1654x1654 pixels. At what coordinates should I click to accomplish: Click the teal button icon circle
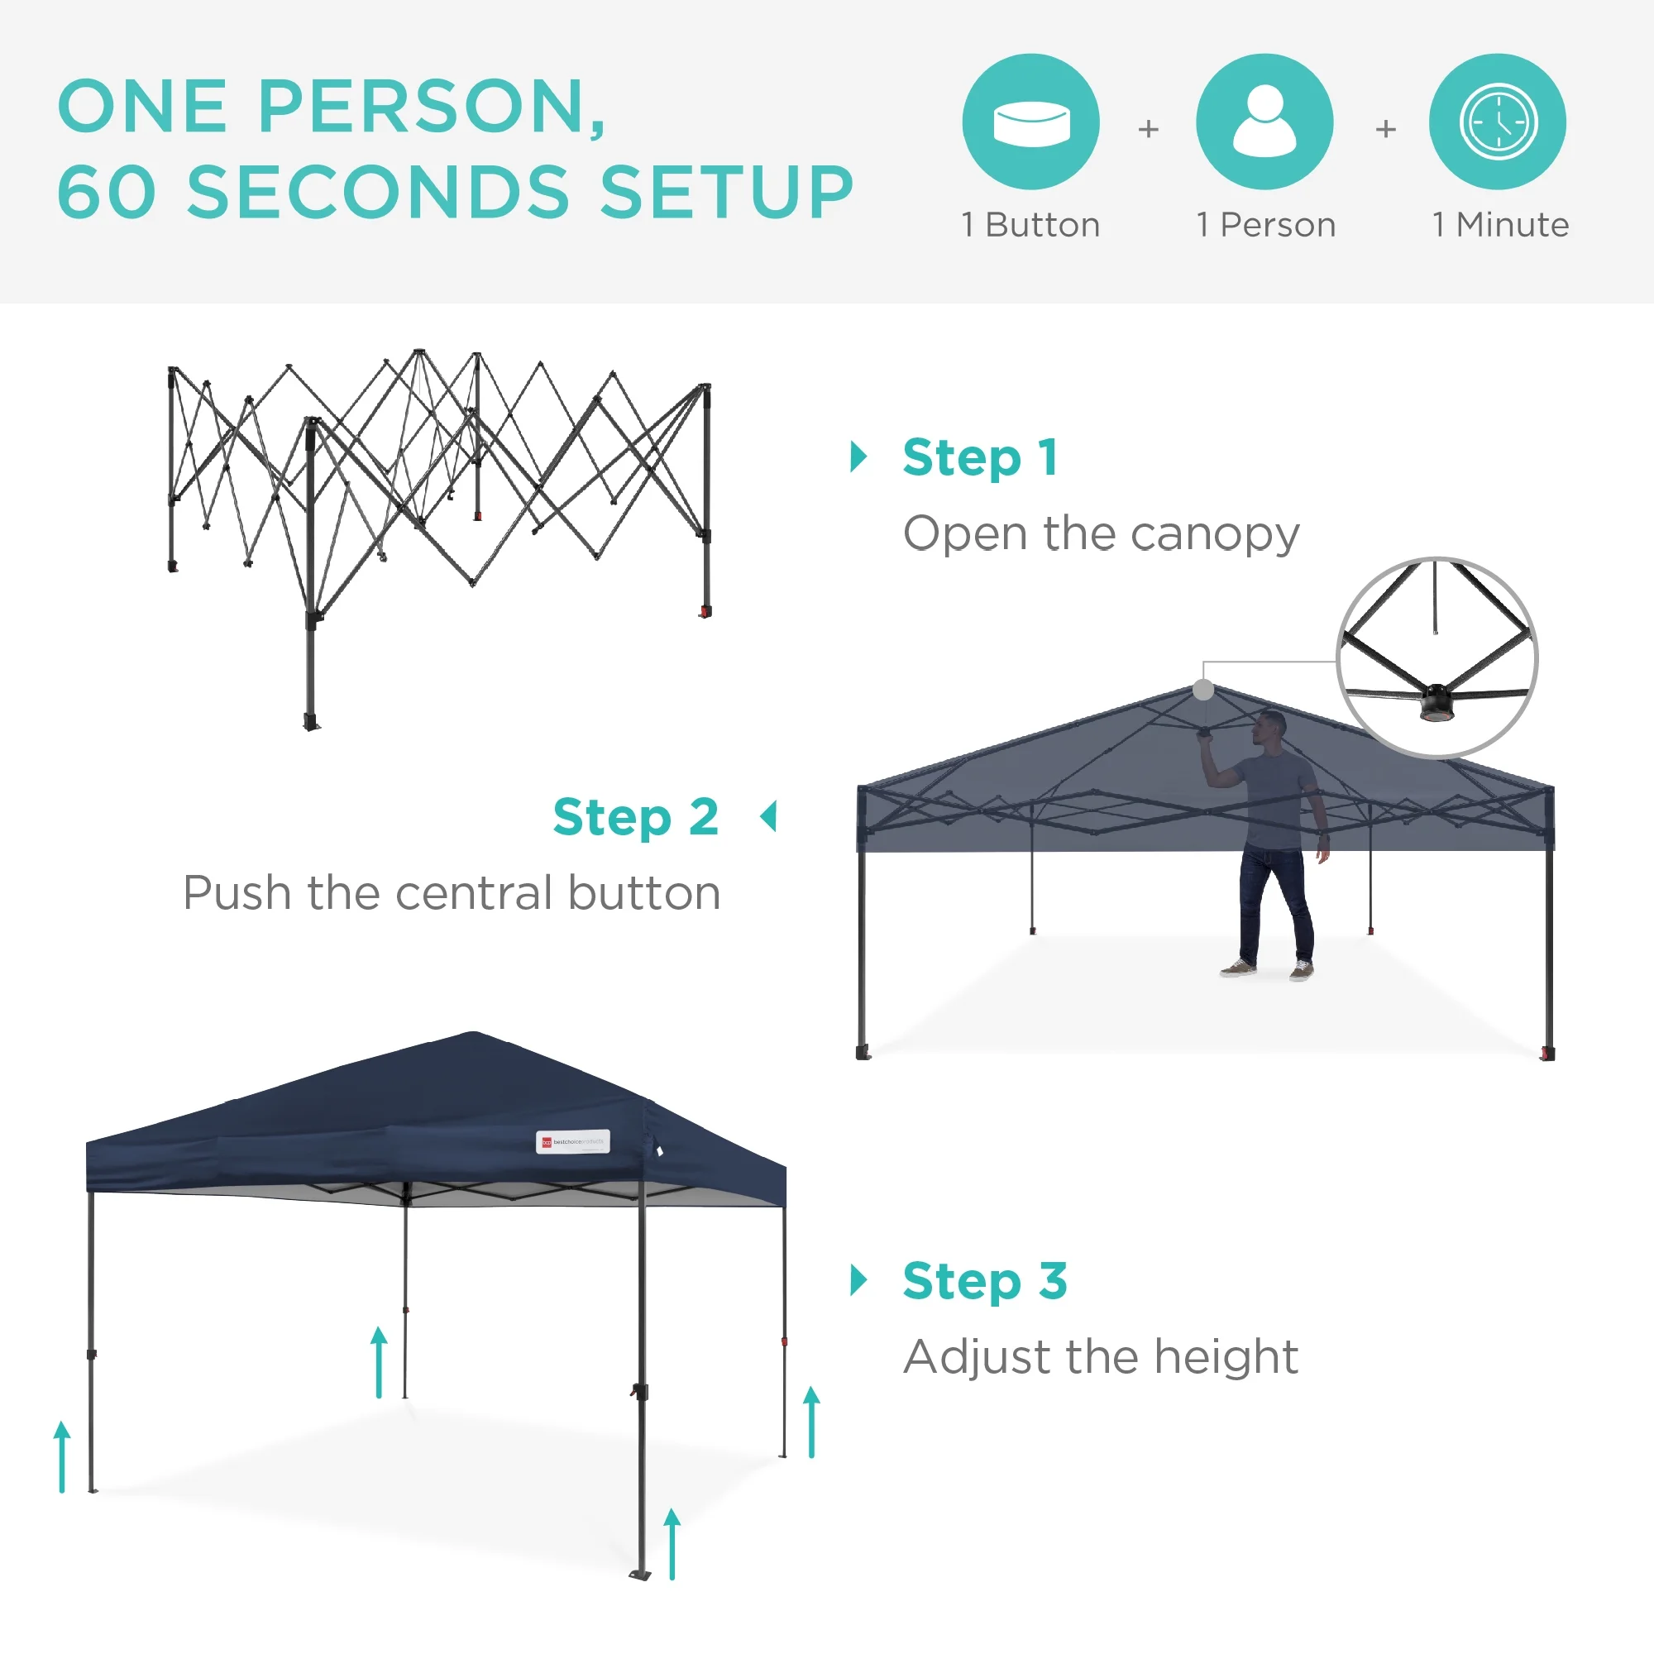[1030, 122]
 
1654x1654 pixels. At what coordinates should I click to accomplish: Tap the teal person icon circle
[1264, 122]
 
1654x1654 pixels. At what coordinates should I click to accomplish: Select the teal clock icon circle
[1498, 122]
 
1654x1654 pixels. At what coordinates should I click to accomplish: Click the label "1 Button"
[1030, 225]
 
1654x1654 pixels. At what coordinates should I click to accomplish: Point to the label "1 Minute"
[1500, 225]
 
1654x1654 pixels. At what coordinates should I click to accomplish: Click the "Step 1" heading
[980, 457]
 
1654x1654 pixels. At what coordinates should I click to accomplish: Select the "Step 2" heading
[635, 817]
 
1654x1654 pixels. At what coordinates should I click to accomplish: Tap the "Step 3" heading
[984, 1281]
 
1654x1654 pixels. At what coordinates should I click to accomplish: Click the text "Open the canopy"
[1101, 534]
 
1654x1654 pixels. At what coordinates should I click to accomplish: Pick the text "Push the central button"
[452, 893]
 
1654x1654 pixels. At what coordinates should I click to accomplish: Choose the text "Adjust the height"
[1101, 1357]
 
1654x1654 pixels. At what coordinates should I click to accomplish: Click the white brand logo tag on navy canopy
[573, 1142]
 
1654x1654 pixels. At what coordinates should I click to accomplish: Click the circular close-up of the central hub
[1436, 657]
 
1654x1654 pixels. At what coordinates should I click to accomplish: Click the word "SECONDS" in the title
[378, 192]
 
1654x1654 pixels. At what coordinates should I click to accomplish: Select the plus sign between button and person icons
[1148, 128]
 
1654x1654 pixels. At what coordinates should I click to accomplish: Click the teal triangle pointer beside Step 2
[769, 817]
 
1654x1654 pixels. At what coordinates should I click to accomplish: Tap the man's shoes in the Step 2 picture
[1268, 970]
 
